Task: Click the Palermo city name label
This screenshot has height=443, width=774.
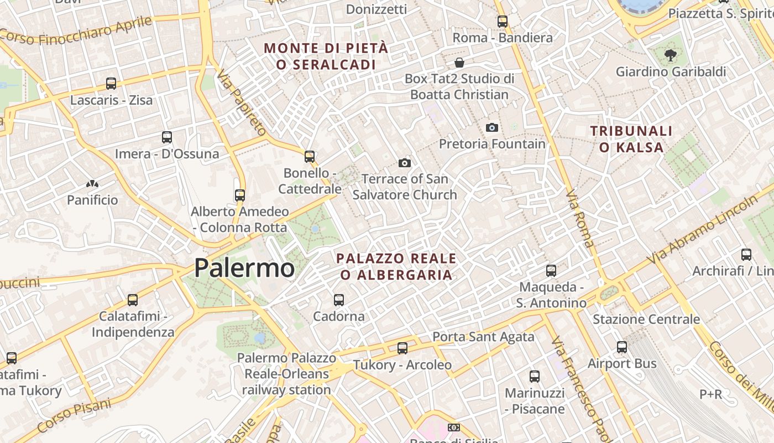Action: (244, 269)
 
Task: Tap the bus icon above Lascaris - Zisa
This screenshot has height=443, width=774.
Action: (111, 84)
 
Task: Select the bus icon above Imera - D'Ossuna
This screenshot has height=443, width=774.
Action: (167, 137)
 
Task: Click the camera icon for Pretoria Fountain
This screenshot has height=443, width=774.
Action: (491, 128)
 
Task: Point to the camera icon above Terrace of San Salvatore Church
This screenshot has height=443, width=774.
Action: (405, 163)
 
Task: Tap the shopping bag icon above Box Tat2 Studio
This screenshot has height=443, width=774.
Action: (459, 62)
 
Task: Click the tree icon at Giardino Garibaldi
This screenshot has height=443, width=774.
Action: (671, 55)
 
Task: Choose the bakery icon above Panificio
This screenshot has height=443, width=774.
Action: (92, 183)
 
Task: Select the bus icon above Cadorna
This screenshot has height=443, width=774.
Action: (339, 300)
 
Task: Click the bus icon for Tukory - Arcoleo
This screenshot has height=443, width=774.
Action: (402, 348)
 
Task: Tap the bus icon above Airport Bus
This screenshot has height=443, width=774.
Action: (622, 347)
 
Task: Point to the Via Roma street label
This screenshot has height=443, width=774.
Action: (580, 219)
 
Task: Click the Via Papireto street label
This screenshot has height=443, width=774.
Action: (242, 102)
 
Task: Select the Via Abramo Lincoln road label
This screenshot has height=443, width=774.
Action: (702, 230)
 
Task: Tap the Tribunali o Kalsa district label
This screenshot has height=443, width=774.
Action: (631, 139)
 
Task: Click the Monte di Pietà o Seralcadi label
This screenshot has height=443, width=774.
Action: (326, 56)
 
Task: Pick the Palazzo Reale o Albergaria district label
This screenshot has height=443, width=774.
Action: (396, 266)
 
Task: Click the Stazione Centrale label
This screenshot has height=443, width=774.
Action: (646, 320)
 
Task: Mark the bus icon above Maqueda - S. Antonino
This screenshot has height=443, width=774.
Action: (551, 271)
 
